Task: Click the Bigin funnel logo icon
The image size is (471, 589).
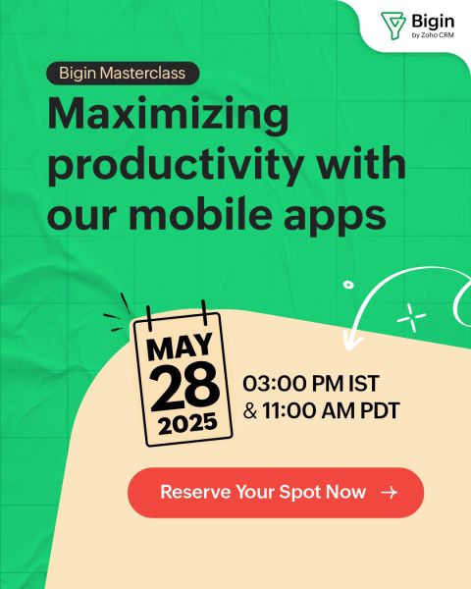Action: [x=392, y=25]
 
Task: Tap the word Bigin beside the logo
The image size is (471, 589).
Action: [x=433, y=22]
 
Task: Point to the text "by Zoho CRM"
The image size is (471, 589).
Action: [x=433, y=35]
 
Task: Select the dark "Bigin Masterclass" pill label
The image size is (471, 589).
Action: [x=123, y=73]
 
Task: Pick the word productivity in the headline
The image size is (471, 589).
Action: [x=176, y=164]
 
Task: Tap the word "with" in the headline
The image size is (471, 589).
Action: [x=361, y=163]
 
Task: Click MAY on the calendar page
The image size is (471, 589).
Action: [x=180, y=347]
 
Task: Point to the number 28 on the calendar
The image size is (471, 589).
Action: [x=184, y=387]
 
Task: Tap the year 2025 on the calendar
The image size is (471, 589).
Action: [x=187, y=423]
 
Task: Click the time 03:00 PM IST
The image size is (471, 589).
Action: [x=311, y=384]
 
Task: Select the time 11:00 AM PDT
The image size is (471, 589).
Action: [x=331, y=410]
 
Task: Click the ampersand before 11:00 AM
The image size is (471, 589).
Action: [x=250, y=411]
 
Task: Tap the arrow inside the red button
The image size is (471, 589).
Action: [x=390, y=492]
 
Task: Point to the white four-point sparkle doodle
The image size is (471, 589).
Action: [x=412, y=318]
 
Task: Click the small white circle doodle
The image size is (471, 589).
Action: [x=348, y=285]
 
